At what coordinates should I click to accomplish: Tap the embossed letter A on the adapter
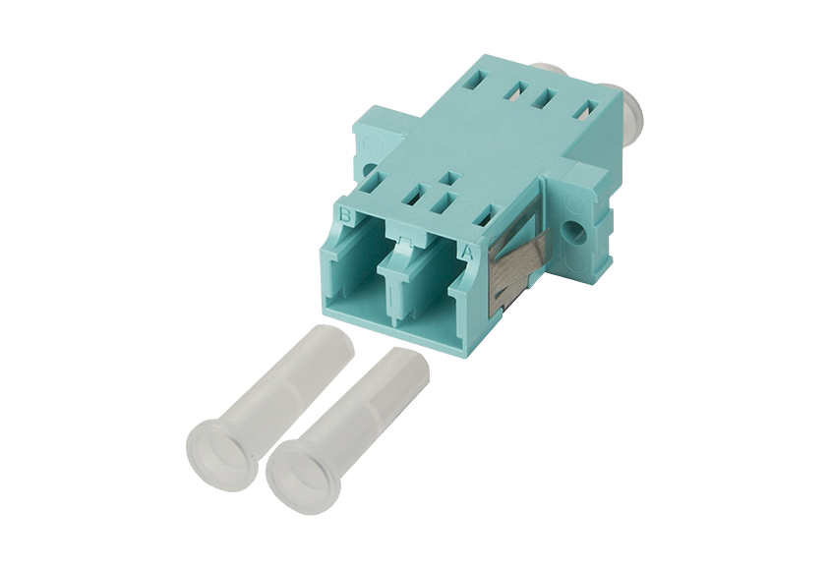(x=467, y=253)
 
